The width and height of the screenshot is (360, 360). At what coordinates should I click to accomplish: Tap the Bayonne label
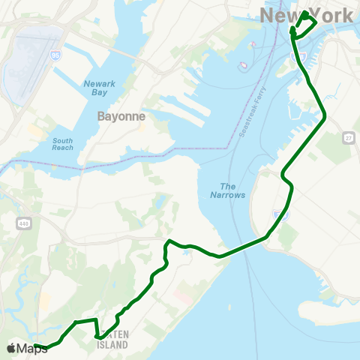tap(121, 117)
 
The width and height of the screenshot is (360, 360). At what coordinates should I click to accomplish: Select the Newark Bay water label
tap(100, 89)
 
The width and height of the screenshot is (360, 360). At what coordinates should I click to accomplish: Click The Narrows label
tap(232, 190)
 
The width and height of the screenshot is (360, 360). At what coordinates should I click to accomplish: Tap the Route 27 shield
tap(347, 137)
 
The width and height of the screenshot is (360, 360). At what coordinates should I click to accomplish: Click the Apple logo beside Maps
tap(12, 348)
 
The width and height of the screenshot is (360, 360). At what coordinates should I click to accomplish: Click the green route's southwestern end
tap(36, 346)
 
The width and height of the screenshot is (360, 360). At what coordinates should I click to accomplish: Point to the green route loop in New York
tap(304, 23)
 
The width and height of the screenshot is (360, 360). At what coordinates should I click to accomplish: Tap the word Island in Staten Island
tap(112, 345)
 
